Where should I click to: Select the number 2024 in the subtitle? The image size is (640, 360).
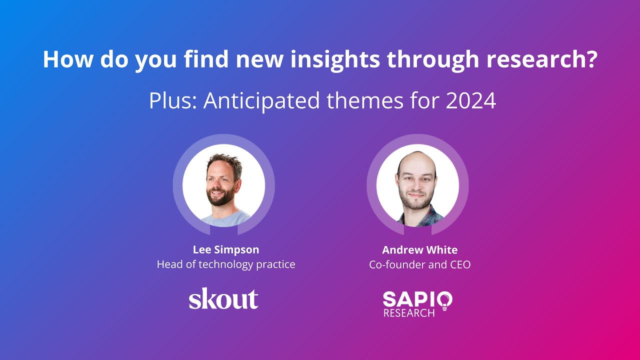point(471,101)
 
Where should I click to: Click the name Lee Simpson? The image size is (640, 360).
point(226,249)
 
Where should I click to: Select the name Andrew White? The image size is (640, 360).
point(420,249)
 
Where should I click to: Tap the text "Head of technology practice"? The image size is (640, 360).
point(226,264)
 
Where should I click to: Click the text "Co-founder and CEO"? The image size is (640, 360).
point(420,264)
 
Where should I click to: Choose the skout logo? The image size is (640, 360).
point(223,299)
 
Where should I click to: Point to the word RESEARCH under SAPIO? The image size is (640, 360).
point(408,313)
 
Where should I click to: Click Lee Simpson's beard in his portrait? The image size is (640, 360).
point(220,198)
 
